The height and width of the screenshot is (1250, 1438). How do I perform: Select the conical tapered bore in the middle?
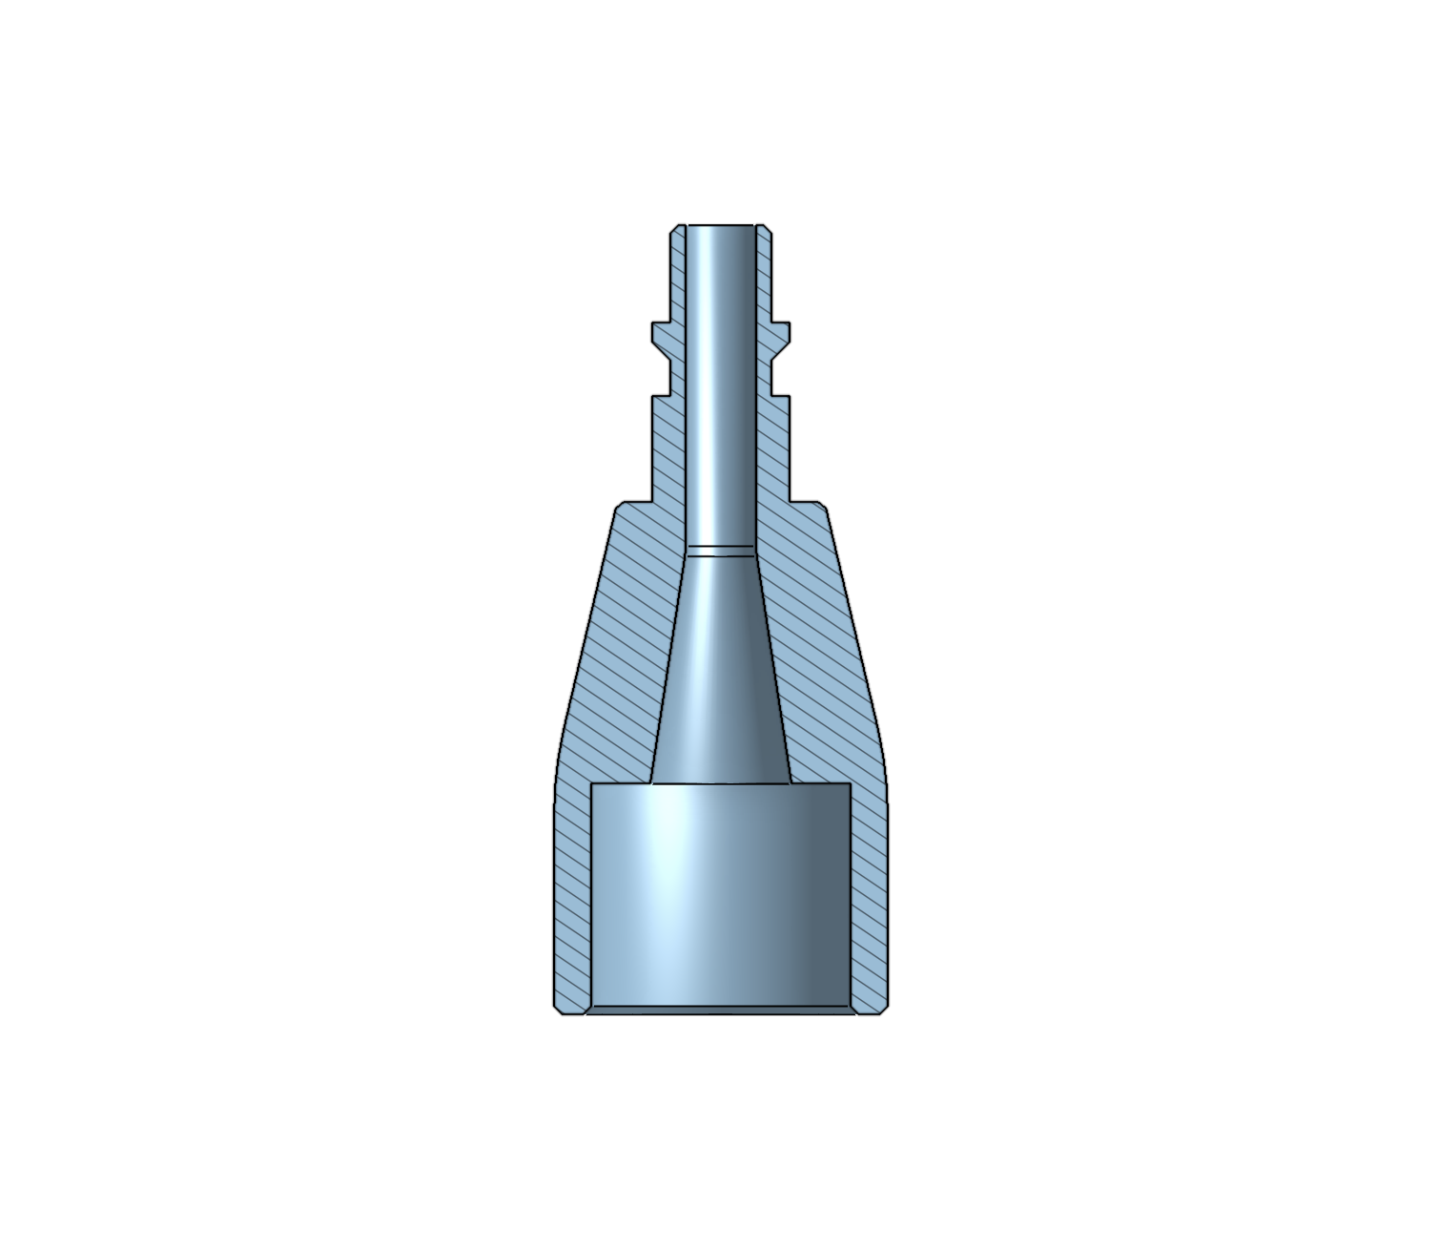point(720,668)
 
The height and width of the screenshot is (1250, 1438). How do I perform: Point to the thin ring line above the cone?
point(720,550)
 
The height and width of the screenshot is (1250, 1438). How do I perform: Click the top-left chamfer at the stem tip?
point(675,229)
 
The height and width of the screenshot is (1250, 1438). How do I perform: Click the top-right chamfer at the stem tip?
point(766,229)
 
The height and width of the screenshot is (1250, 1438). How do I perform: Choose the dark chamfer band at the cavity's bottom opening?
point(720,1010)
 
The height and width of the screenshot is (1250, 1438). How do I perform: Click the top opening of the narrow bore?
point(720,226)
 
